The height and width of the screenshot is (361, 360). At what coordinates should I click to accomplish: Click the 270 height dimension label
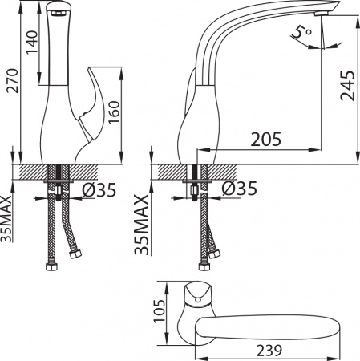tap(12, 81)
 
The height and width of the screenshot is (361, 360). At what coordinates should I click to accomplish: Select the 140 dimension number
tap(32, 43)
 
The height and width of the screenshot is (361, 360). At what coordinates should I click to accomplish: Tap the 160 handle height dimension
tap(114, 112)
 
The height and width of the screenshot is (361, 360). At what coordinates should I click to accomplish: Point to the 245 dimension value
tap(348, 86)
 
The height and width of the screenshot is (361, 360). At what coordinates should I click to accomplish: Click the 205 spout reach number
tap(266, 139)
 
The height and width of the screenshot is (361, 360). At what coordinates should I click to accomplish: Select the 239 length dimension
tap(269, 351)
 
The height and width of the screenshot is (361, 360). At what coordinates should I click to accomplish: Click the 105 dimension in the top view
tap(160, 311)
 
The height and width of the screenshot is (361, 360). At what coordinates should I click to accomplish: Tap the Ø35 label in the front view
tap(99, 190)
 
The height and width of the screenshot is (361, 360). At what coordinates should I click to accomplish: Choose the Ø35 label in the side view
tap(239, 188)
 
